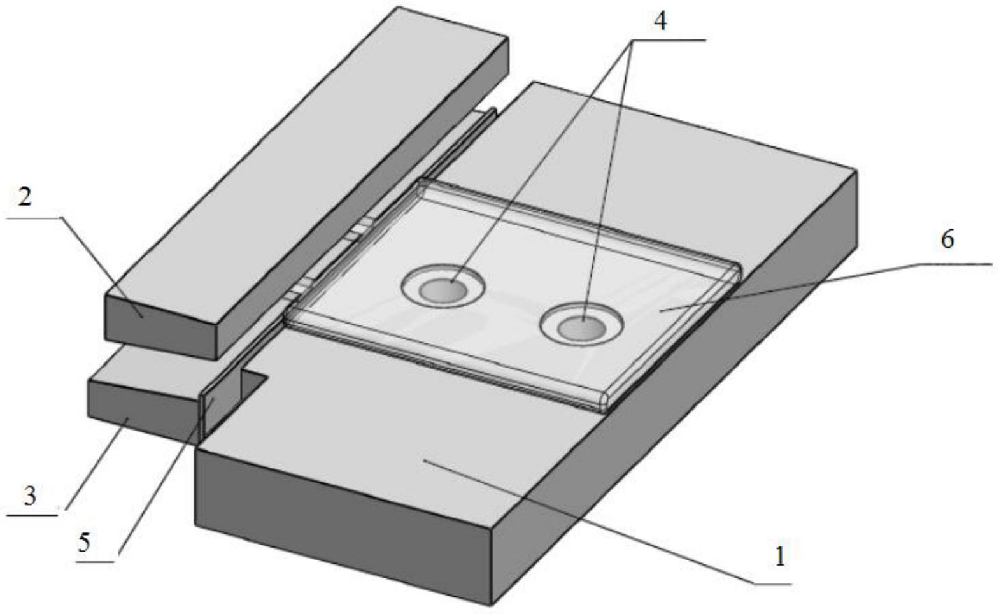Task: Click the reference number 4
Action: (660, 20)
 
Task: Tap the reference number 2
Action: (25, 197)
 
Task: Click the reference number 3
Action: (29, 496)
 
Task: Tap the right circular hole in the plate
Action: (581, 325)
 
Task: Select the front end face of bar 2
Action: (160, 327)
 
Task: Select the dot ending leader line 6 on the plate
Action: (662, 310)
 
